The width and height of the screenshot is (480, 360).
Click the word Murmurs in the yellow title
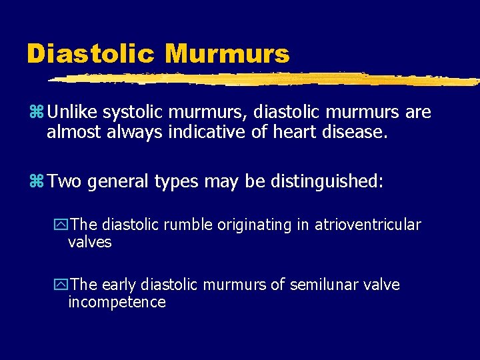coord(227,53)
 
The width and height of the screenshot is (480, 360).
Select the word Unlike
coord(71,112)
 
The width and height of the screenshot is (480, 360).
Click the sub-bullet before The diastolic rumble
coord(61,225)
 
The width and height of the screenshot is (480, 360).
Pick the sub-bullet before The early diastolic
coord(61,285)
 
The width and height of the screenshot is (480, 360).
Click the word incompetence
coord(117,303)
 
